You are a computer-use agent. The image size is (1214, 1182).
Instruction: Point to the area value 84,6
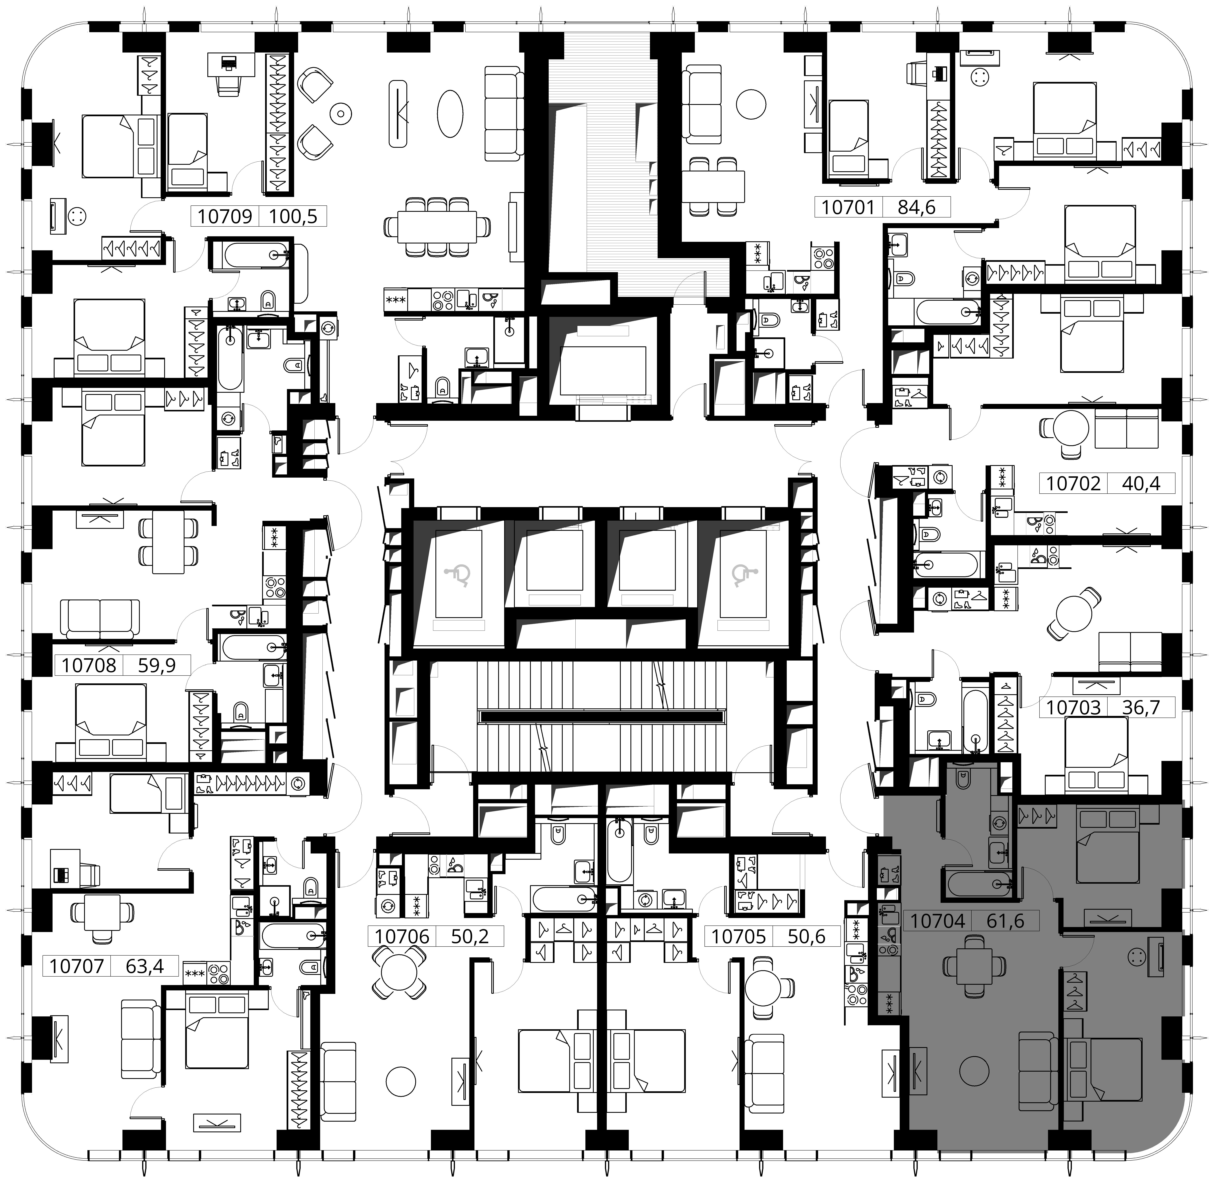917,207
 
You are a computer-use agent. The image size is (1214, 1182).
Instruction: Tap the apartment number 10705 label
738,936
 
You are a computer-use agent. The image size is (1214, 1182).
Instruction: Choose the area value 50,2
470,936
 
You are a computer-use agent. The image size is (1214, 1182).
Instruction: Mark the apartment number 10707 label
77,967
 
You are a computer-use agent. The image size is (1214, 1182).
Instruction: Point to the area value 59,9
156,666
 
